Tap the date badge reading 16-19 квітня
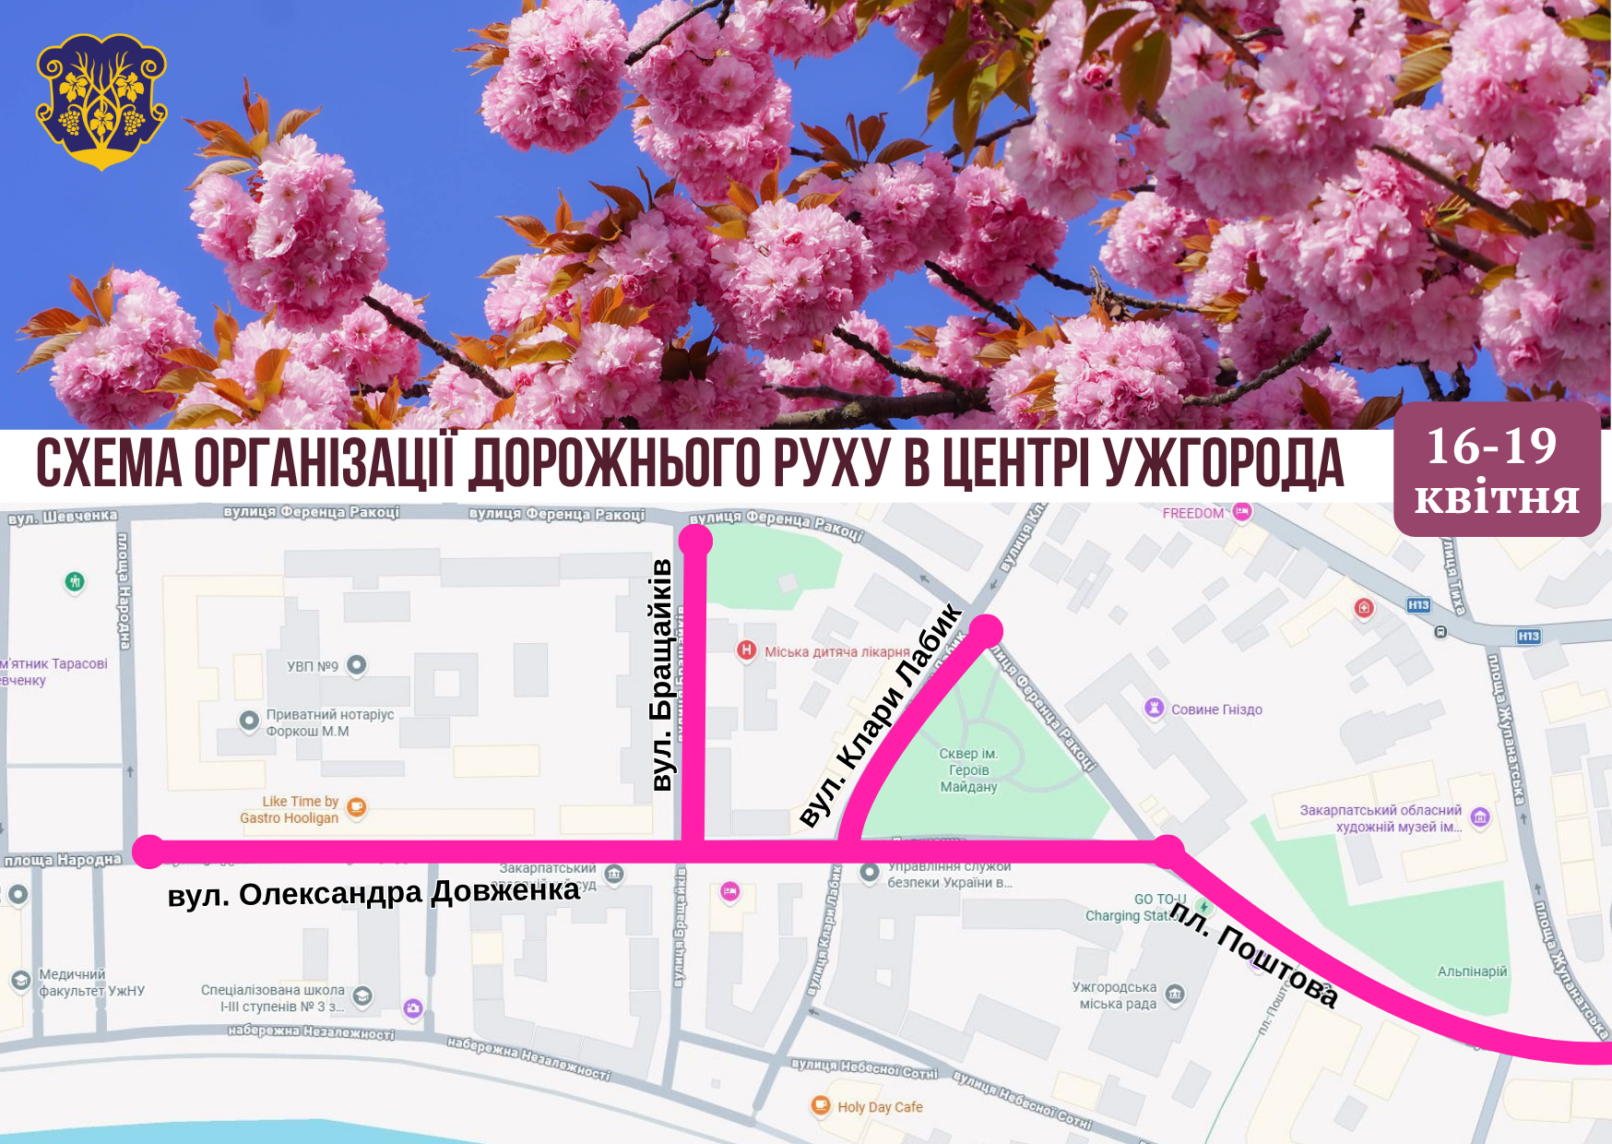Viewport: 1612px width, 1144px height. [x=1496, y=470]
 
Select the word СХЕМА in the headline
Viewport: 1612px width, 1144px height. [x=109, y=463]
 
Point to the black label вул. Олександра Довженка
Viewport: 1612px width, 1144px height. [x=373, y=893]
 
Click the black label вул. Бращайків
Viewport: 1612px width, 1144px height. [x=662, y=674]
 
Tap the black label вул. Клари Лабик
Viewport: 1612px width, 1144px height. [x=881, y=715]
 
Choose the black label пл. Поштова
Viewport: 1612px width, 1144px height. [x=1254, y=954]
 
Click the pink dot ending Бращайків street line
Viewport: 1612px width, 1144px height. [x=695, y=541]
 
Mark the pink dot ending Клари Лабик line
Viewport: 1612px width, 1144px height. [x=985, y=631]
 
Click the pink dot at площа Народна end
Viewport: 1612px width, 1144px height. [x=148, y=852]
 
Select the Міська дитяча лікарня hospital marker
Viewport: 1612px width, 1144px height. [x=746, y=650]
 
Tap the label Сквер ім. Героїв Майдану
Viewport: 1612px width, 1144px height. [x=968, y=770]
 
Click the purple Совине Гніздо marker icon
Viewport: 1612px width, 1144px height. [x=1154, y=708]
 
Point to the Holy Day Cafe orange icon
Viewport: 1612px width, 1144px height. [x=820, y=1105]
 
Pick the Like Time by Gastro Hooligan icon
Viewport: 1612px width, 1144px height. [x=356, y=808]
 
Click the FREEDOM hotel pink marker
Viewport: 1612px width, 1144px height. [x=1241, y=512]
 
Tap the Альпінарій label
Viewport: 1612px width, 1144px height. [x=1472, y=971]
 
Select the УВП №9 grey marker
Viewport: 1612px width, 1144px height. [x=357, y=665]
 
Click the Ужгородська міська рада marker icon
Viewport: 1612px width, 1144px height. [x=1175, y=994]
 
